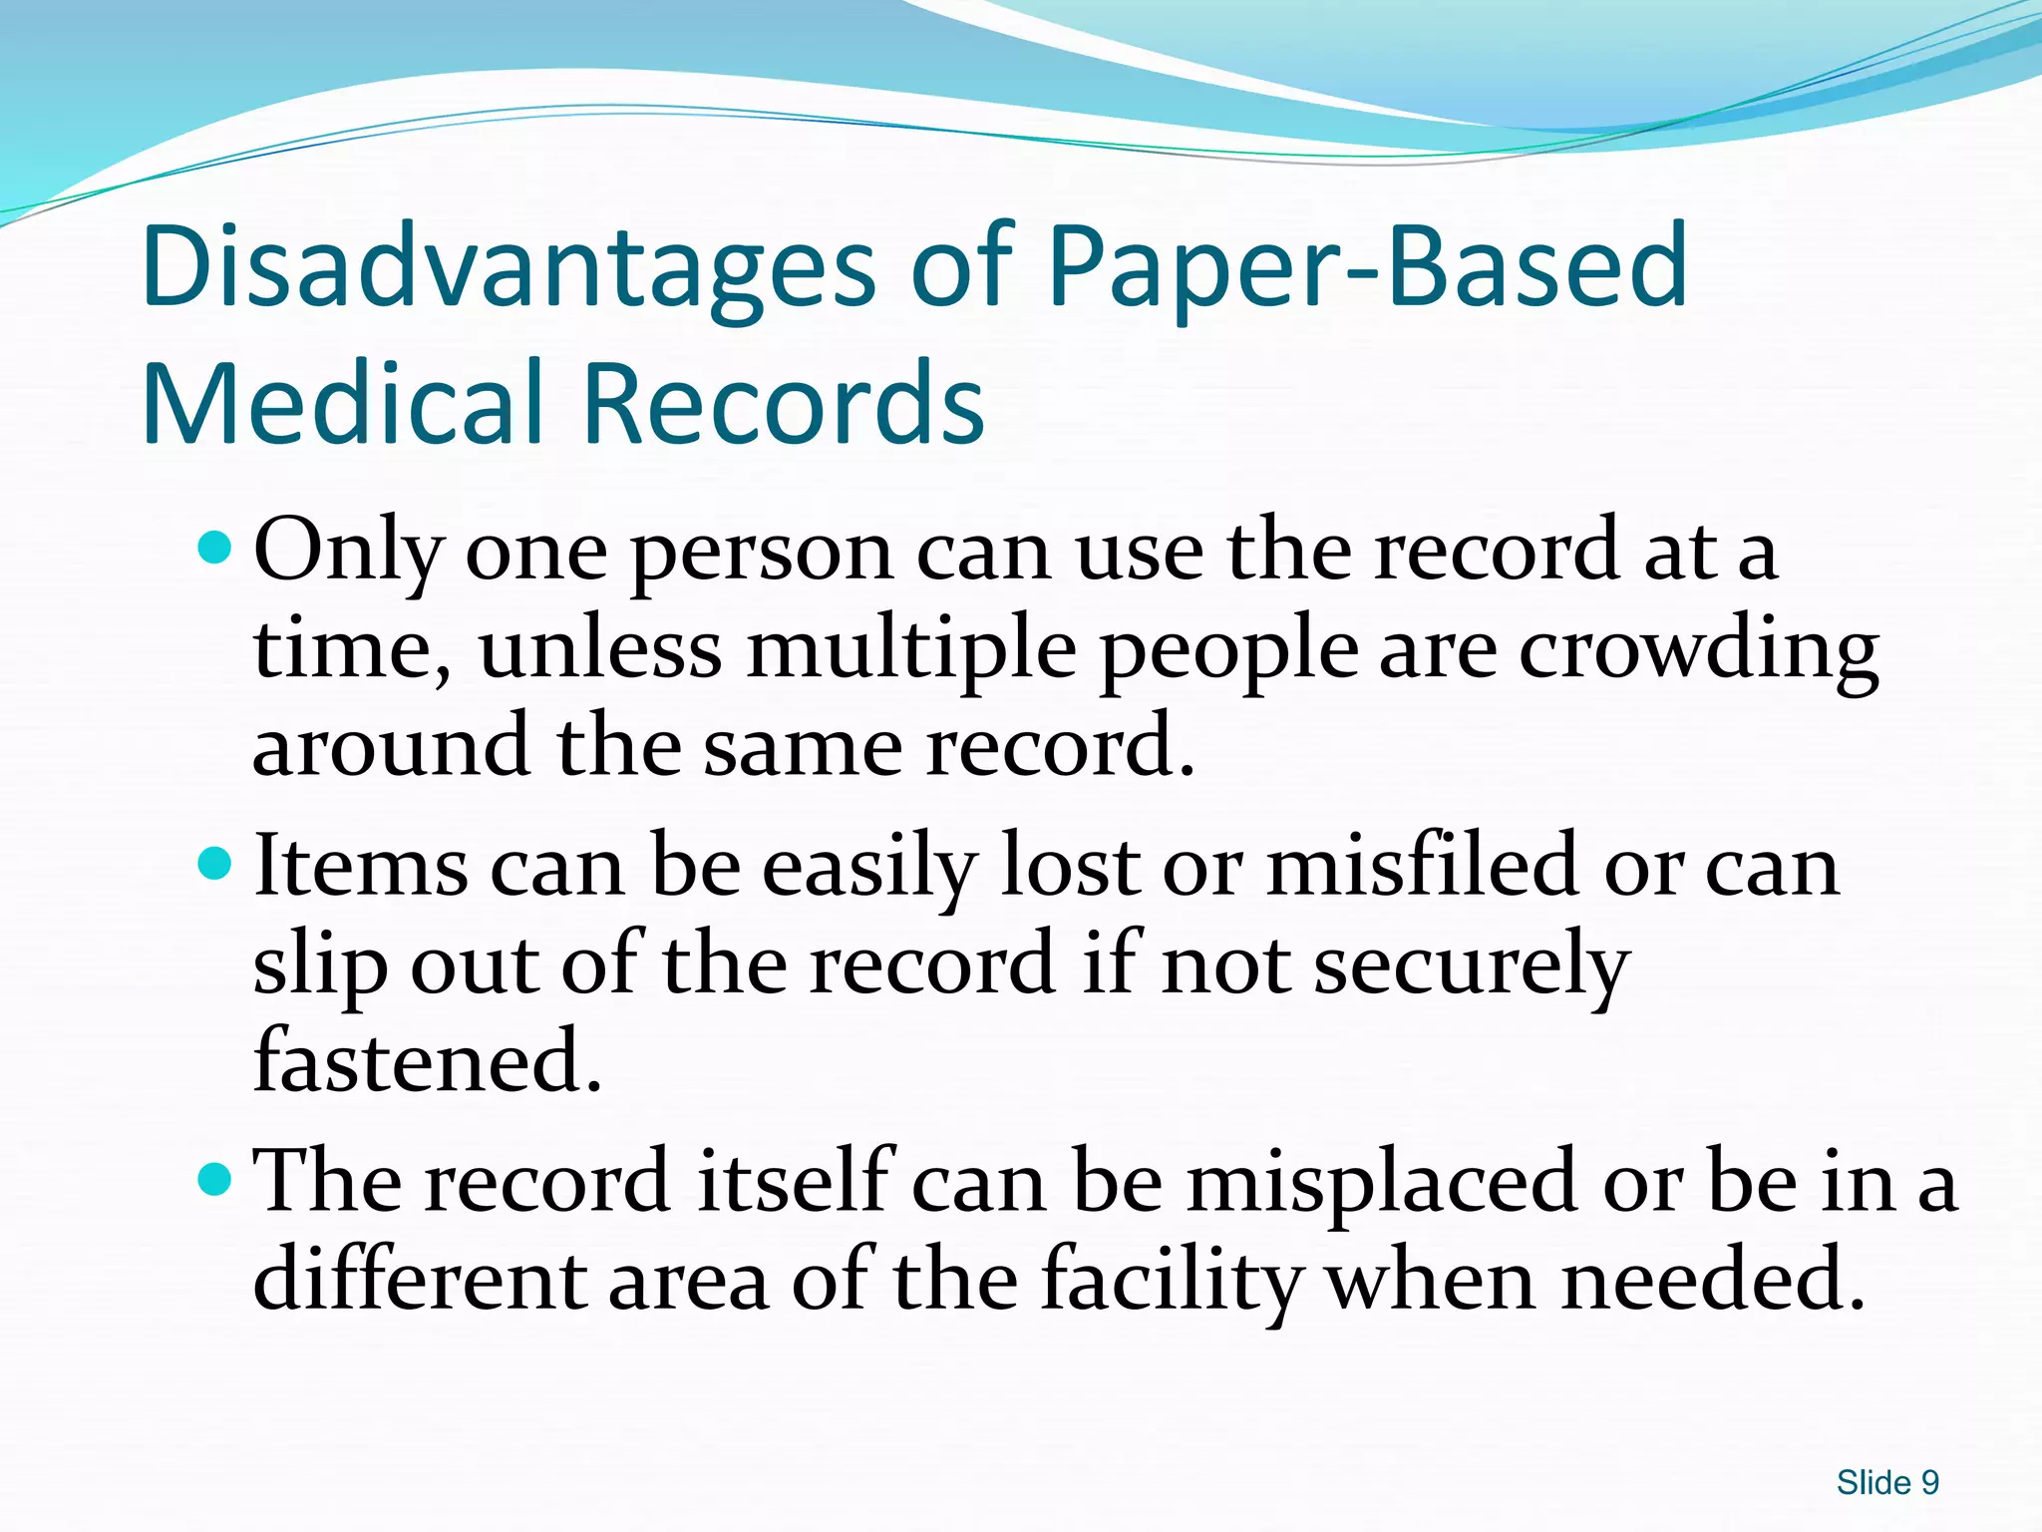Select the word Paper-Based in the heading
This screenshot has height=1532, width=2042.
pyautogui.click(x=1367, y=267)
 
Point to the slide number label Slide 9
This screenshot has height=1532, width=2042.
pyautogui.click(x=1887, y=1482)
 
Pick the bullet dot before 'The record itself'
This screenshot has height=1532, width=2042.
pyautogui.click(x=214, y=1180)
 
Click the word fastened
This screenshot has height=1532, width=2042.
pyautogui.click(x=428, y=1061)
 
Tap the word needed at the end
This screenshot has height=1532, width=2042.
pyautogui.click(x=1712, y=1280)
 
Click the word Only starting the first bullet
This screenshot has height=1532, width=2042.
pyautogui.click(x=348, y=552)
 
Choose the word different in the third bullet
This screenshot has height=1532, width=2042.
pyautogui.click(x=419, y=1280)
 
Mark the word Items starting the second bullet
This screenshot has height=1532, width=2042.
pyautogui.click(x=360, y=866)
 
